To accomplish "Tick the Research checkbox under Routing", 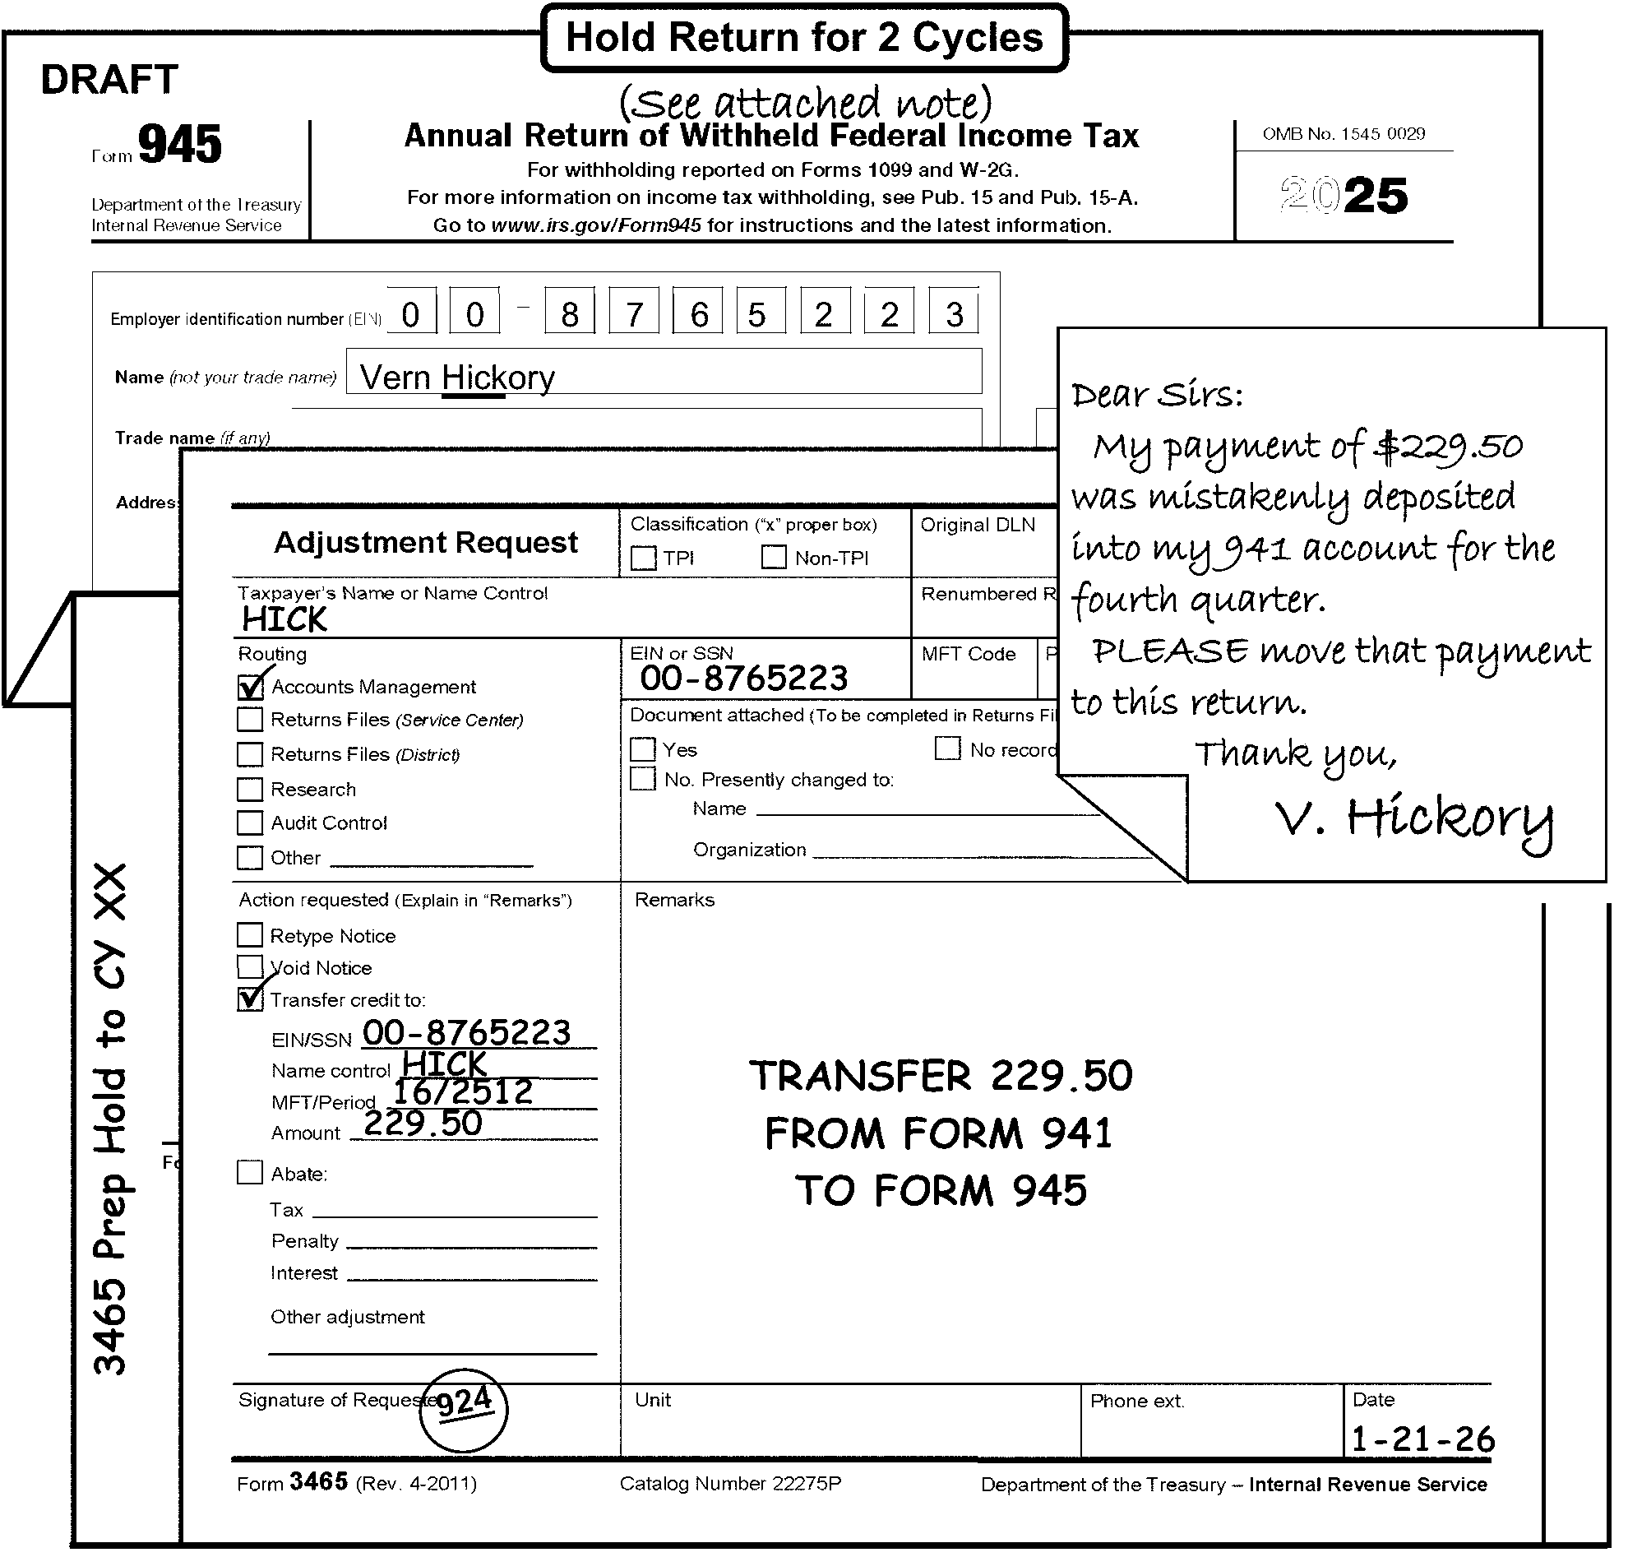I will click(250, 789).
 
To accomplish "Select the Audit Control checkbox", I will click(250, 823).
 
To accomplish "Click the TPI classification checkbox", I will click(643, 558).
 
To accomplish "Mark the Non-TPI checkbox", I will click(774, 557).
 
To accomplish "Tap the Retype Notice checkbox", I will click(250, 935).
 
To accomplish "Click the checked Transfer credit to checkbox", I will click(250, 999).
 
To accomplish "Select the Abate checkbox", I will click(250, 1172).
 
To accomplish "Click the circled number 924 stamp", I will click(463, 1408).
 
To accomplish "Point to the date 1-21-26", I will click(1422, 1439).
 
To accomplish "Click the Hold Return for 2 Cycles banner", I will click(803, 38).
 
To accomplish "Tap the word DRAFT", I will click(109, 80).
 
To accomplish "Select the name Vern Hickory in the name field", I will click(457, 378).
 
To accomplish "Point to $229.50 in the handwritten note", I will click(1448, 447).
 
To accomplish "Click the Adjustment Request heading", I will click(426, 542).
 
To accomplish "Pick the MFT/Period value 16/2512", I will click(462, 1092).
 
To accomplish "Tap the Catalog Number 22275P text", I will click(730, 1484).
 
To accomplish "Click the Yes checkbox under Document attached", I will click(643, 749).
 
